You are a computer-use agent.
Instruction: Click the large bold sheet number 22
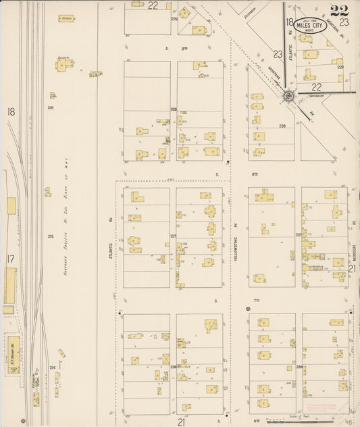point(340,11)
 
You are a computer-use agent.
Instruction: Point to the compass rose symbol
point(288,96)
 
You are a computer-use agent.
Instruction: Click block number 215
point(51,236)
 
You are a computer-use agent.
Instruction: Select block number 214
point(52,367)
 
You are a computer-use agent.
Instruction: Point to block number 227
point(173,236)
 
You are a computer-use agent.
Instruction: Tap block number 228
point(173,109)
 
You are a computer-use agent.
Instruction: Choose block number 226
point(173,367)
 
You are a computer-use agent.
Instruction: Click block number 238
point(282,126)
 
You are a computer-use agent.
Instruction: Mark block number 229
point(340,67)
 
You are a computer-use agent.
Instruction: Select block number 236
point(299,367)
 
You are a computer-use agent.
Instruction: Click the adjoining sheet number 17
point(10,259)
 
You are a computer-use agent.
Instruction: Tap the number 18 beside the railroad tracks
point(11,111)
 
